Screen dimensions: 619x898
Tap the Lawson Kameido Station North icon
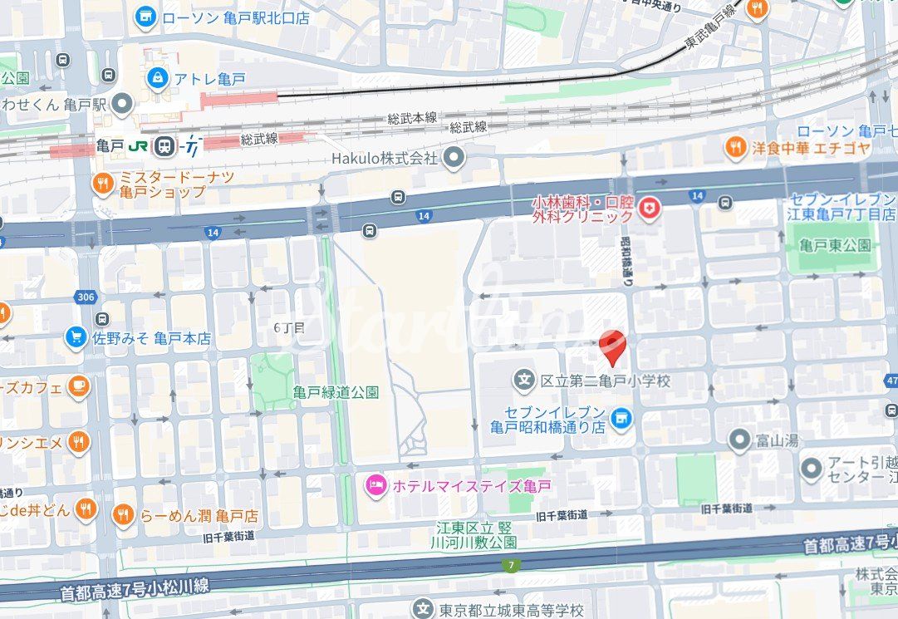click(146, 16)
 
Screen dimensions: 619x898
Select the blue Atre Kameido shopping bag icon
click(156, 78)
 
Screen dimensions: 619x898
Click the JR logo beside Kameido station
click(138, 145)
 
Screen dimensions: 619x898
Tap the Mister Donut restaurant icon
click(102, 184)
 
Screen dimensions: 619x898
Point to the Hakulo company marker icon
click(453, 157)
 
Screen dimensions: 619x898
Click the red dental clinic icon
click(650, 208)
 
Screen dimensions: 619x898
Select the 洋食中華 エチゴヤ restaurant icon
click(735, 148)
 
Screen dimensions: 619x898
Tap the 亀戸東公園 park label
click(832, 244)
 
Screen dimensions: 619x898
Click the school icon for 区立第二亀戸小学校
click(524, 381)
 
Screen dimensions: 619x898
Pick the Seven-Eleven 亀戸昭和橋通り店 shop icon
click(620, 420)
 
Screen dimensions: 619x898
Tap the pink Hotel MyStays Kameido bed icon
click(375, 485)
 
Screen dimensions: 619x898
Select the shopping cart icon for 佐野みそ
click(76, 337)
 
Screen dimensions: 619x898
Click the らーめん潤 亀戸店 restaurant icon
click(123, 515)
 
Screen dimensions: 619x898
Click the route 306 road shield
click(85, 297)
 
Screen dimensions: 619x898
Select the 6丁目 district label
click(289, 327)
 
